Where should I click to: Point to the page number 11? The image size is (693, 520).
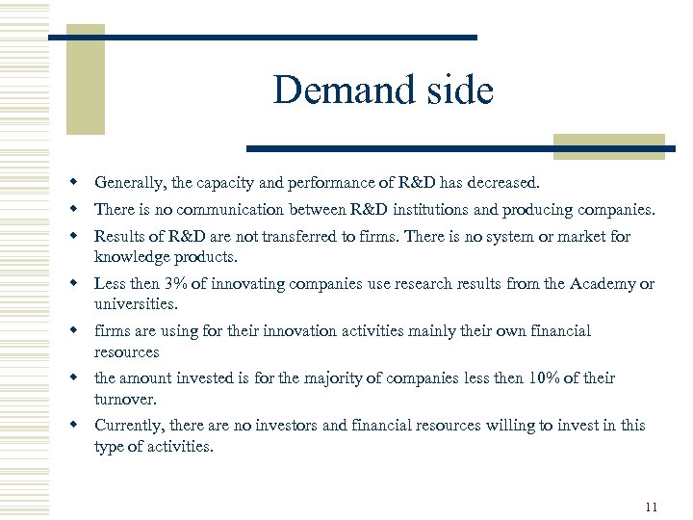coord(652,507)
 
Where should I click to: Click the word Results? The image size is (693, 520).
coord(119,236)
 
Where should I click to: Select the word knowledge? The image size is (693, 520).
coord(133,257)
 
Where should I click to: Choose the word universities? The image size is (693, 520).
coord(135,304)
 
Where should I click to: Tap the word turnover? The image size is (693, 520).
coord(123,399)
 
